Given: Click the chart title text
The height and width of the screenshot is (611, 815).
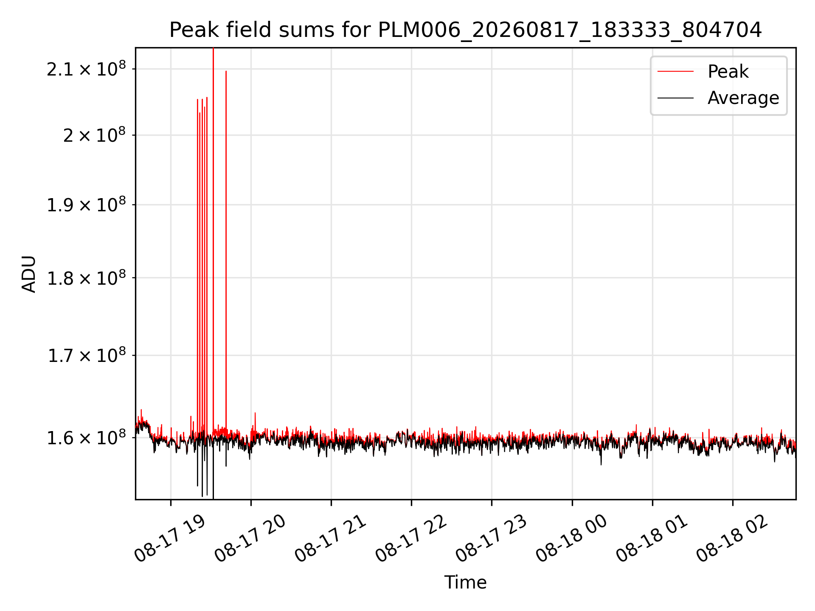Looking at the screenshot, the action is pyautogui.click(x=466, y=30).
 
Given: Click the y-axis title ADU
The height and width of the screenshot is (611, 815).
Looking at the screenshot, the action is pyautogui.click(x=29, y=274).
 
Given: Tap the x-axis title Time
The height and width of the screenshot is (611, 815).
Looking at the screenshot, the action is pyautogui.click(x=465, y=582).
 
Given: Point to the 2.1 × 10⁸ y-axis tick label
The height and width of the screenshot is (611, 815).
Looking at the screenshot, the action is pyautogui.click(x=86, y=69).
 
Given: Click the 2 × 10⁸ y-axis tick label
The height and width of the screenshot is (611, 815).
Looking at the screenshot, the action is pyautogui.click(x=95, y=135).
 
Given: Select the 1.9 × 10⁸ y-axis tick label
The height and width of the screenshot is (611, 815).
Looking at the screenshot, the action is pyautogui.click(x=86, y=205).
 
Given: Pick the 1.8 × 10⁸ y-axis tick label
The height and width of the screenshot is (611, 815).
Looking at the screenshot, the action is pyautogui.click(x=86, y=278).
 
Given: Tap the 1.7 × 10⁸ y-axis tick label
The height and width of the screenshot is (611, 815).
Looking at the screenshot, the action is pyautogui.click(x=86, y=355).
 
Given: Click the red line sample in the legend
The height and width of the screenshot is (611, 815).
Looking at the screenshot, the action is pyautogui.click(x=675, y=71).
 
